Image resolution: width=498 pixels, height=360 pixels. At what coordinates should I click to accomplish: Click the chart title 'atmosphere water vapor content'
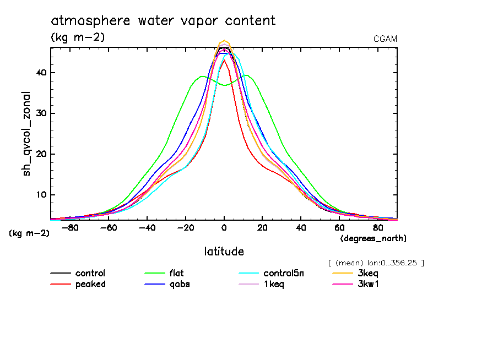tap(163, 21)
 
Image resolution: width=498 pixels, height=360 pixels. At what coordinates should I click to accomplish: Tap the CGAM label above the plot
tap(385, 39)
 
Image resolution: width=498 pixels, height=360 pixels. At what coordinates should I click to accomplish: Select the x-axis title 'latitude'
tap(224, 252)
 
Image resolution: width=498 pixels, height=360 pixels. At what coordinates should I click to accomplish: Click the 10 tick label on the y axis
tap(41, 195)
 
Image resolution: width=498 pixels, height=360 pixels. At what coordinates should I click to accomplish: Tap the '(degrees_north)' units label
tap(373, 238)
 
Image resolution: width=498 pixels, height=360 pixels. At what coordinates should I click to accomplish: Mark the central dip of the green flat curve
tap(224, 85)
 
